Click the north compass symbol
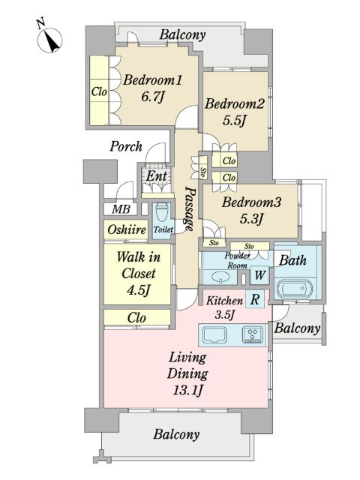49,38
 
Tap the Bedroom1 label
152,80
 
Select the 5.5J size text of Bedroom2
234,121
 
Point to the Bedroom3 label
251,202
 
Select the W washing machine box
259,275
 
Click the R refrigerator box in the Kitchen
255,299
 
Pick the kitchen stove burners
253,333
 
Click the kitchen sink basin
214,334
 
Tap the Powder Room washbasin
220,277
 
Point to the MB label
121,209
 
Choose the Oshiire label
127,229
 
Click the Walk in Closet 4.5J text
138,273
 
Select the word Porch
126,146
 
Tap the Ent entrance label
157,176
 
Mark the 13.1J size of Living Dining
187,390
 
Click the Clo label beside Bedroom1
99,91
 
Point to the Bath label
292,260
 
